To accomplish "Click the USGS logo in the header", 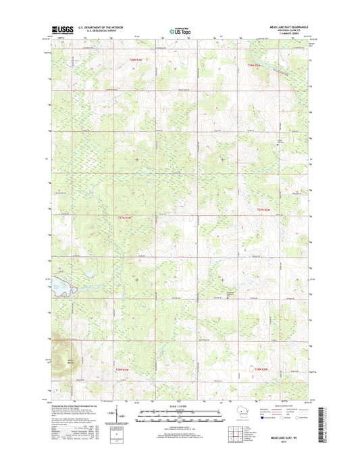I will (63, 29).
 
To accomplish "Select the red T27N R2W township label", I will (124, 218).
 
